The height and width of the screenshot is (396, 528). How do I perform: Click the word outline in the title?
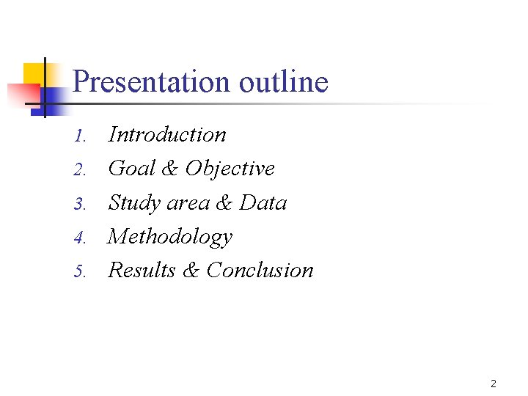point(284,81)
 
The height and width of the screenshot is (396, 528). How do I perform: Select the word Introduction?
point(167,135)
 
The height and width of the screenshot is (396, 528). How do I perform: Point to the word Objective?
point(230,169)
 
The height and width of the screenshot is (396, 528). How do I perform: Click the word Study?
point(134,203)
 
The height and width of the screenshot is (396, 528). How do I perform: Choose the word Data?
point(263,203)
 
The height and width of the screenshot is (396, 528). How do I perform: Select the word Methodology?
point(170,237)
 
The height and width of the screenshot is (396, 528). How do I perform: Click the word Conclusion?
point(260,270)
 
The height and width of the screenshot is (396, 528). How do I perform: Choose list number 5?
point(81,272)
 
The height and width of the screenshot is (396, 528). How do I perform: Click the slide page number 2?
point(494,384)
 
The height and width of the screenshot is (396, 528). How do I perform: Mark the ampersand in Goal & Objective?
point(169,169)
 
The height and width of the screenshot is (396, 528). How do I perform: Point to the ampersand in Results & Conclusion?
point(191,270)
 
